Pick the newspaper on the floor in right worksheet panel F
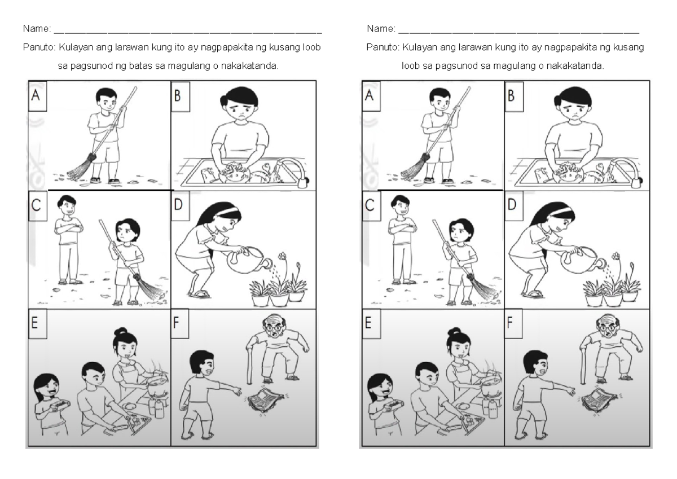[x=595, y=402]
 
